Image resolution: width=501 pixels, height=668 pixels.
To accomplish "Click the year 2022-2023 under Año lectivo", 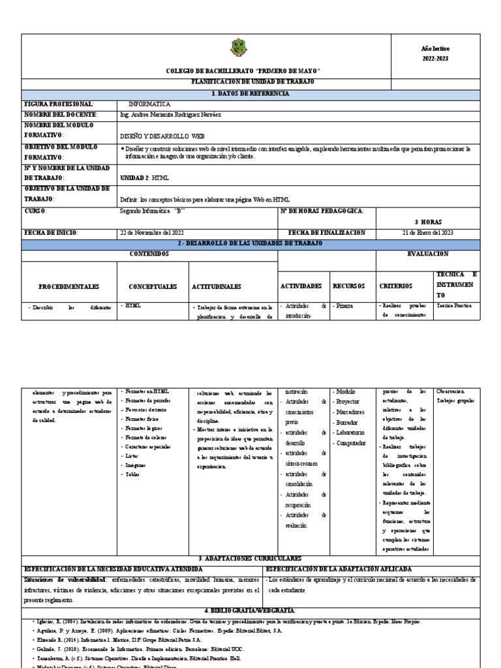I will pyautogui.click(x=435, y=59).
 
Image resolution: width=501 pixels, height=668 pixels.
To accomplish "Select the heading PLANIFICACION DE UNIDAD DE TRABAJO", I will pyautogui.click(x=252, y=82).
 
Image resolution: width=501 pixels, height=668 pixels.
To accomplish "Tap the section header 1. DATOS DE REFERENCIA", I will pyautogui.click(x=252, y=93).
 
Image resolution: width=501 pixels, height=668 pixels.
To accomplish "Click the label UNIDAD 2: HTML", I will pyautogui.click(x=145, y=177).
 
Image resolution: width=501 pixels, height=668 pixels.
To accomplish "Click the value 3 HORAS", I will pyautogui.click(x=429, y=222).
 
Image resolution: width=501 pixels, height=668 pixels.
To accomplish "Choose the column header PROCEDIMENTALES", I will pyautogui.click(x=68, y=286).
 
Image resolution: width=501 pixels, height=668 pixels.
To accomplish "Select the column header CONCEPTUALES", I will pyautogui.click(x=153, y=286).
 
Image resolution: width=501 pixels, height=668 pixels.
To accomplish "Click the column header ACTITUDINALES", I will pyautogui.click(x=217, y=286).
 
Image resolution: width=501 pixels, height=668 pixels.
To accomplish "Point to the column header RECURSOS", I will pyautogui.click(x=349, y=286).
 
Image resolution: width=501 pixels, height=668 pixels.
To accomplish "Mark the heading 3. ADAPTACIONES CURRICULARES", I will pyautogui.click(x=250, y=559).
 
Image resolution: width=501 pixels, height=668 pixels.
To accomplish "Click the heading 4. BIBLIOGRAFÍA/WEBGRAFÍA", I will pyautogui.click(x=250, y=610).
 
